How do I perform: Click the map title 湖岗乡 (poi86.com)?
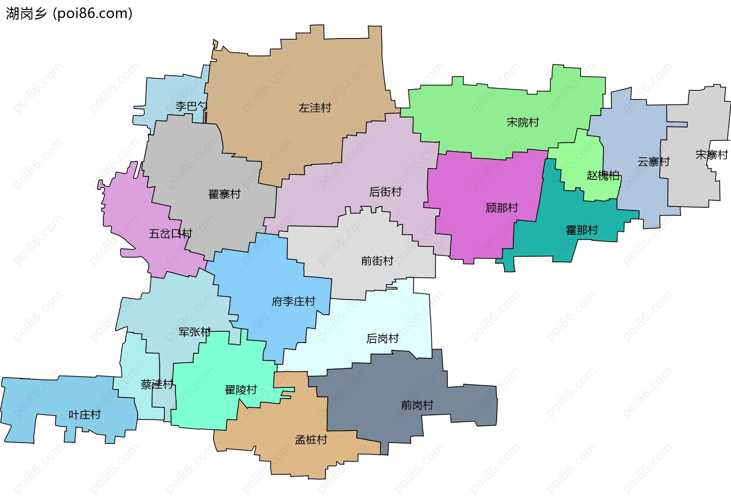point(69,13)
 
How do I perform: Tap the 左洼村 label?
point(315,108)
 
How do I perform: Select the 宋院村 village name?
point(523,122)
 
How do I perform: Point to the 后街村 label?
point(385,192)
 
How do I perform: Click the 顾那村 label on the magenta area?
point(502,208)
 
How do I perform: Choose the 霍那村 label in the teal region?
point(582,230)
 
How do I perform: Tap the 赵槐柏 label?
point(603,176)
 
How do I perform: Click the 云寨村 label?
point(653,162)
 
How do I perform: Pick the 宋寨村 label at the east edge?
point(711,155)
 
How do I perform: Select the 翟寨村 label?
point(224,194)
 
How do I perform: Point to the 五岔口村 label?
point(170,234)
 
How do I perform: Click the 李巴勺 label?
point(191,106)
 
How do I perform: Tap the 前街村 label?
point(377,261)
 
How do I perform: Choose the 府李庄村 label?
point(293,302)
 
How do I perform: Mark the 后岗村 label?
point(382,339)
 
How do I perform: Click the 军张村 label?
point(195,332)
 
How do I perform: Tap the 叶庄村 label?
point(85,415)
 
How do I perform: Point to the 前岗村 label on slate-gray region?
point(417,405)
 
